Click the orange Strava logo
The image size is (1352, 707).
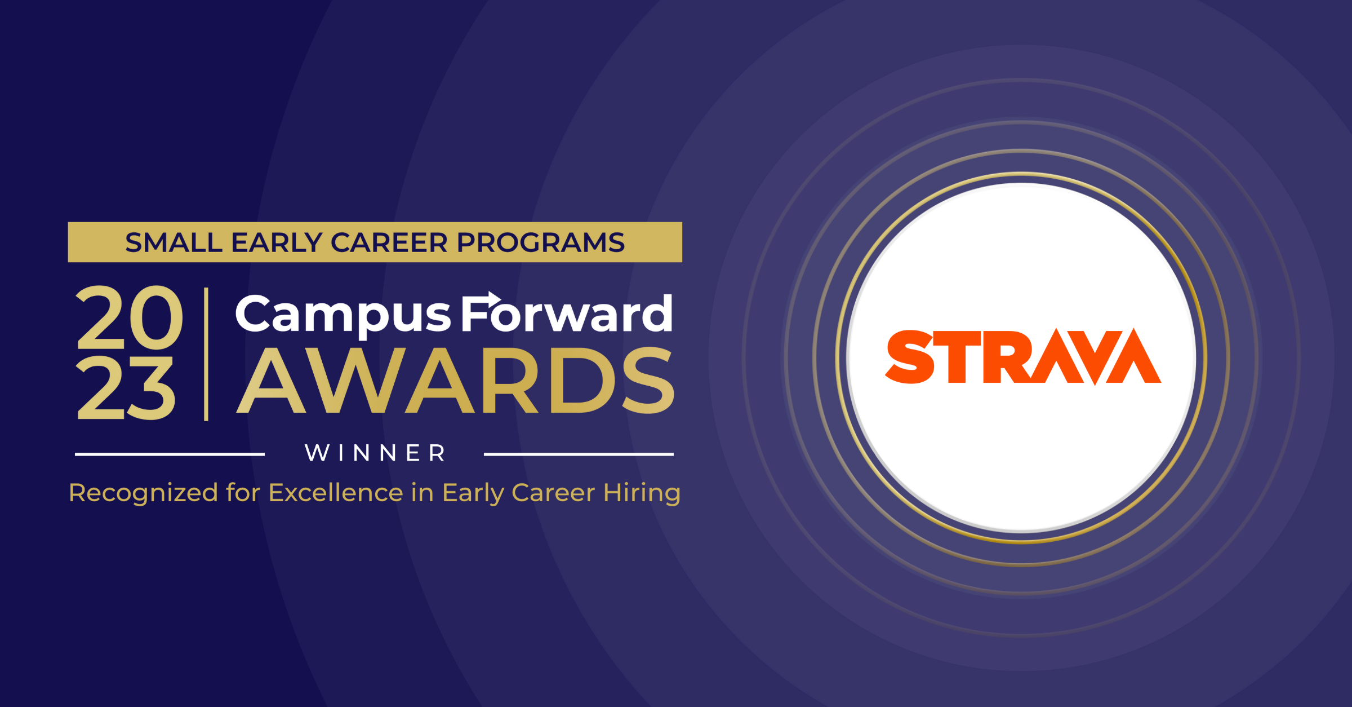pyautogui.click(x=1022, y=357)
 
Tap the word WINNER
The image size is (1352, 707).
pyautogui.click(x=375, y=453)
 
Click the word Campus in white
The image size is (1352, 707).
pyautogui.click(x=343, y=315)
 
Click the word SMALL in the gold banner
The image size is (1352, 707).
pyautogui.click(x=174, y=243)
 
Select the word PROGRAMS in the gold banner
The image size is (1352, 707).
pyautogui.click(x=540, y=243)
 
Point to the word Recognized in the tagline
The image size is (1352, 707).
pyautogui.click(x=143, y=493)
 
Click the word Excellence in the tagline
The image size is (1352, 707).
pyautogui.click(x=336, y=493)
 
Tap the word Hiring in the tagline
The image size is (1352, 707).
pyautogui.click(x=642, y=493)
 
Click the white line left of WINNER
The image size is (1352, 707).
pyautogui.click(x=170, y=454)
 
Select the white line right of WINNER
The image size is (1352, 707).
pyautogui.click(x=579, y=454)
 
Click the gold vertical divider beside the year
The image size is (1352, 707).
pyautogui.click(x=206, y=354)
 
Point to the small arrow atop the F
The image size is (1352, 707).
pyautogui.click(x=488, y=298)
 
